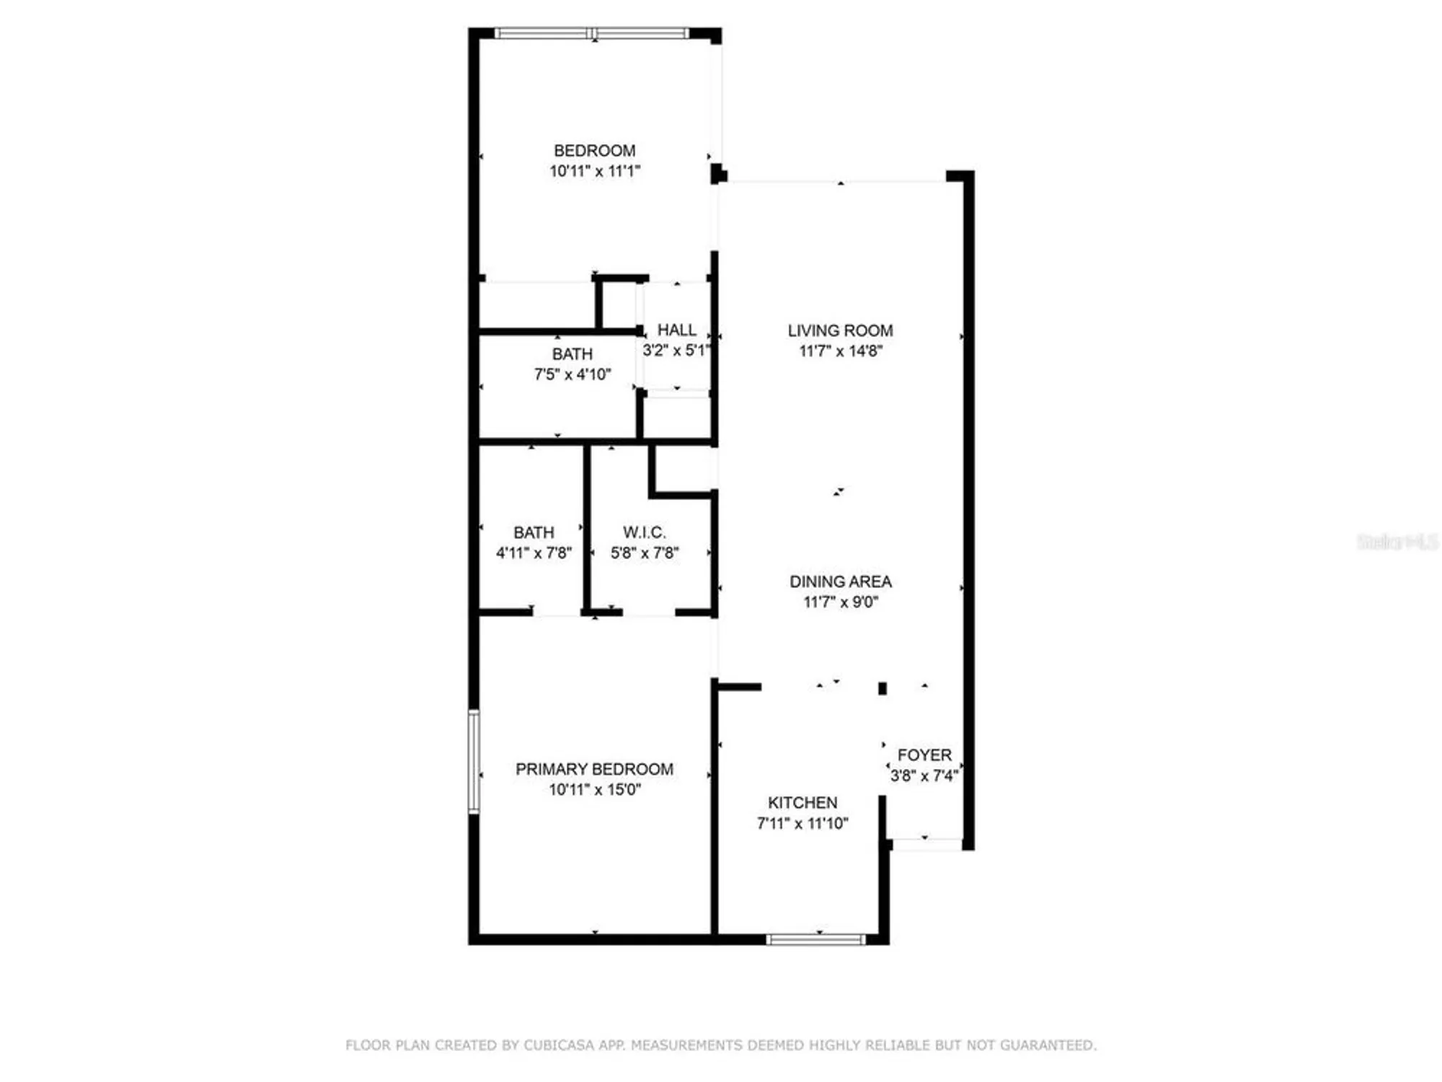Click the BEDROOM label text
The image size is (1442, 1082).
594,151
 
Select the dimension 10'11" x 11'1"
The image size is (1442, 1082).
594,172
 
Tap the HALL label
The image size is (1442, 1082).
676,330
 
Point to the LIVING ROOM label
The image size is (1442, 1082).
840,330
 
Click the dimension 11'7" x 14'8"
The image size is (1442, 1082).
840,351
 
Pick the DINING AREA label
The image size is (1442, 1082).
840,581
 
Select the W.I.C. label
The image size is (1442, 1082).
644,532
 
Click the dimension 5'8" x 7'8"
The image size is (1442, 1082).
644,553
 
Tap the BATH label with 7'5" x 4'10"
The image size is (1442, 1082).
572,354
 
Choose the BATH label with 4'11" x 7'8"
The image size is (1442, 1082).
534,532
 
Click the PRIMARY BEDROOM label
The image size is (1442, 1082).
594,769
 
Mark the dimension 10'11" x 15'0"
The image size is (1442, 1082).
594,790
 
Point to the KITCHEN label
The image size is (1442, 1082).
802,803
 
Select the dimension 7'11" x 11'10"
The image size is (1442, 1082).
802,824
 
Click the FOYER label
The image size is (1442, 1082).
924,755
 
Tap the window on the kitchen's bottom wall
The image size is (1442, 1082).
815,939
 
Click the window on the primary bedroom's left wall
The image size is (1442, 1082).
474,762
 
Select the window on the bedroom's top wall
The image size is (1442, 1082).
591,33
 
